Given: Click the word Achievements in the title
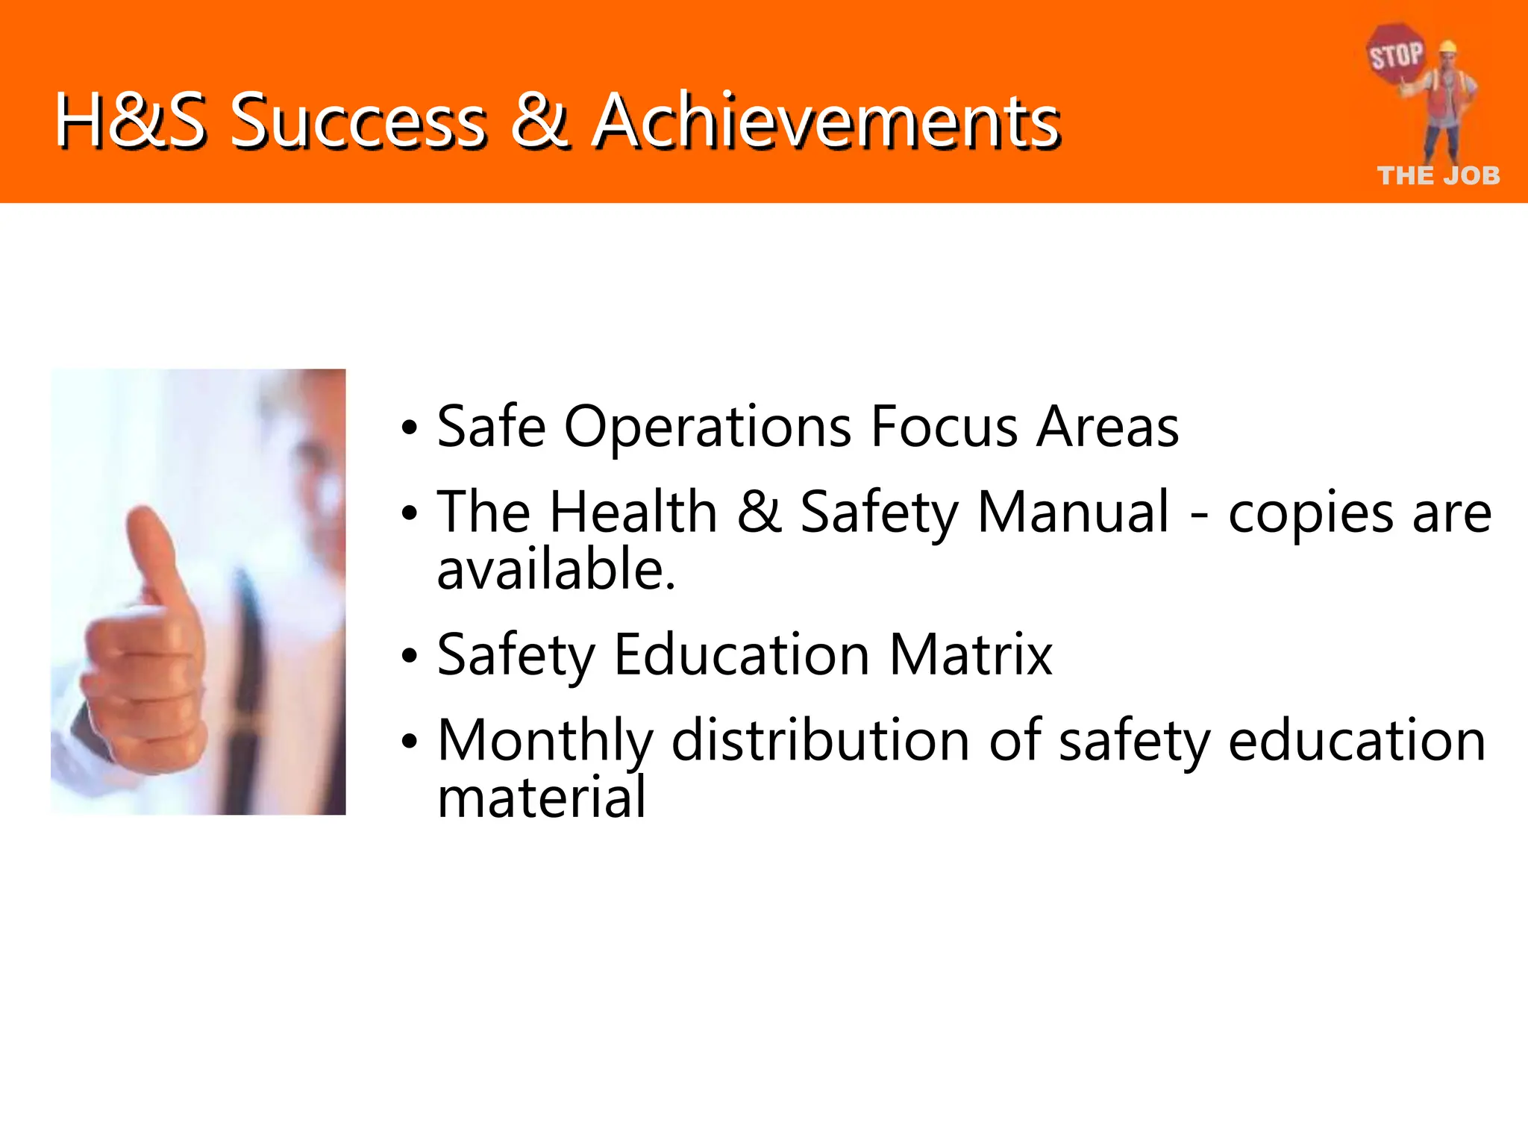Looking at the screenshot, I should pyautogui.click(x=827, y=121).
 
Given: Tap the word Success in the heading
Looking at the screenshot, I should pyautogui.click(x=358, y=121).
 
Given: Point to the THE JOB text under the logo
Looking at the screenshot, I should pyautogui.click(x=1438, y=176).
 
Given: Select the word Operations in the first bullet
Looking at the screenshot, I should pyautogui.click(x=707, y=427).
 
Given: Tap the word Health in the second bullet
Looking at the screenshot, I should pyautogui.click(x=633, y=513).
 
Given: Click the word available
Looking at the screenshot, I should pyautogui.click(x=556, y=570).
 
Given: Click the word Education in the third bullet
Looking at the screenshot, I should pyautogui.click(x=742, y=655).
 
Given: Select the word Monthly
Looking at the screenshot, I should pyautogui.click(x=545, y=742).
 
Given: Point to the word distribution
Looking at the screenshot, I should pyautogui.click(x=821, y=740).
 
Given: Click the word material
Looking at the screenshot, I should pyautogui.click(x=542, y=798).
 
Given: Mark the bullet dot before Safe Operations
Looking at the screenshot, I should pyautogui.click(x=409, y=429).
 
